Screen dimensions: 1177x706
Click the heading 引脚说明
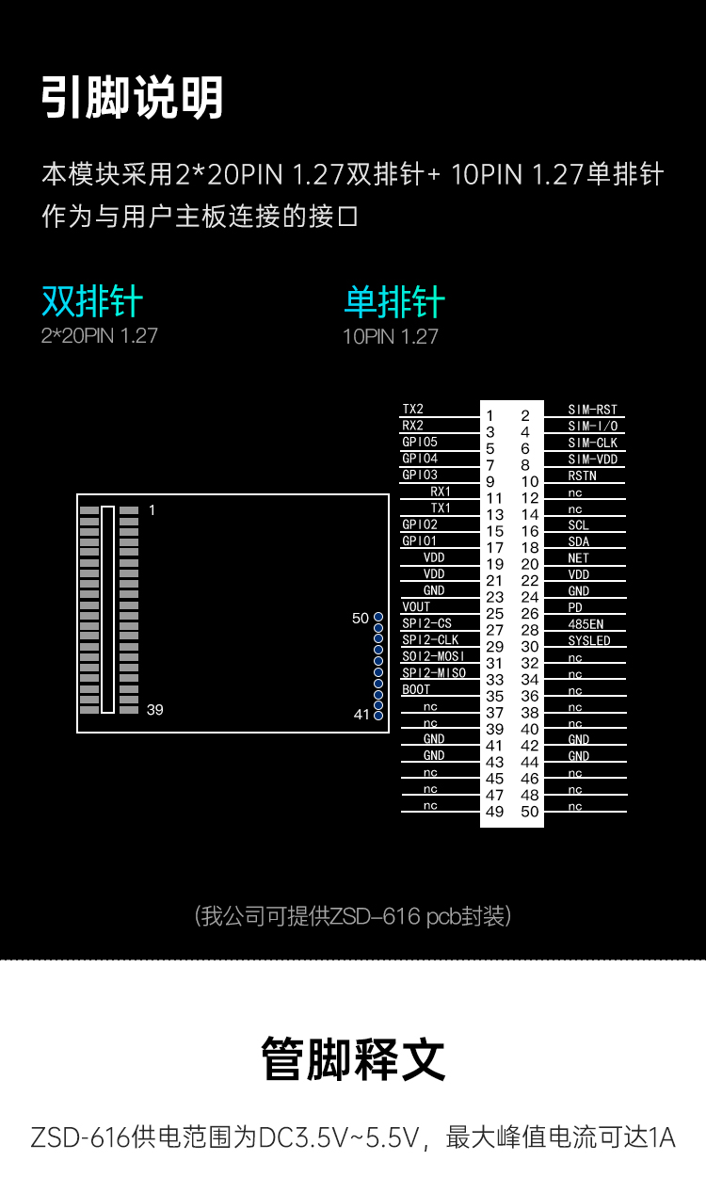point(132,98)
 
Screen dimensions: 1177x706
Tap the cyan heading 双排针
point(92,301)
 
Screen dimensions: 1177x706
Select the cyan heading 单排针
point(393,302)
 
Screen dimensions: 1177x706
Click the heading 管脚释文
point(353,1058)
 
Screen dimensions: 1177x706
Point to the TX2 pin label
point(413,410)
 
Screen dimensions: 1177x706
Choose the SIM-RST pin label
point(593,410)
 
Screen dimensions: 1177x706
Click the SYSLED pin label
point(589,640)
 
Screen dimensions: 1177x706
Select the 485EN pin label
point(586,624)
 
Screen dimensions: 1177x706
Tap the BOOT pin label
point(416,689)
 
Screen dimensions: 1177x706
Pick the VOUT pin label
point(416,607)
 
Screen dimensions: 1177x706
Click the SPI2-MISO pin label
point(434,673)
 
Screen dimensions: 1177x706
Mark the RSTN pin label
point(582,476)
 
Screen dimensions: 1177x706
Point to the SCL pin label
point(578,525)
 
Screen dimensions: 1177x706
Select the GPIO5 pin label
point(420,442)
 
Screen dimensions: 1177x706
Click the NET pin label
point(578,558)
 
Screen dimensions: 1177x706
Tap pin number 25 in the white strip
point(494,614)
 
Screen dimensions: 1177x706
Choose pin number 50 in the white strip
point(530,812)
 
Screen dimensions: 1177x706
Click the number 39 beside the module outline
point(154,709)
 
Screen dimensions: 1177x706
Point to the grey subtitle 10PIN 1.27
point(390,336)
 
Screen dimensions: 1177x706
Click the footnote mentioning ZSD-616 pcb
point(353,915)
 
